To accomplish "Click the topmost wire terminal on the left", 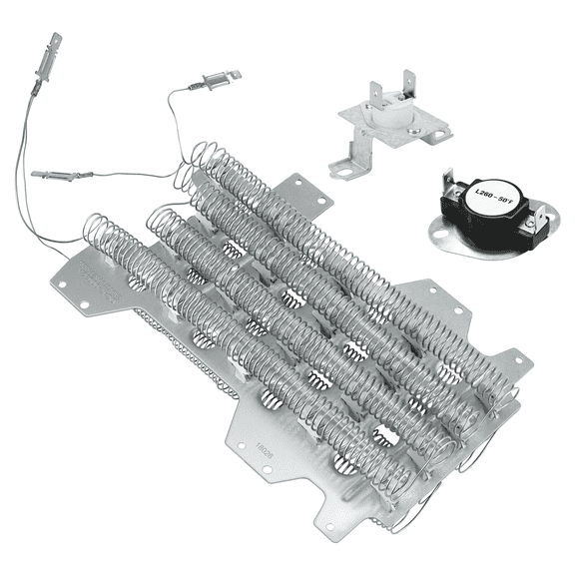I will point(52,46).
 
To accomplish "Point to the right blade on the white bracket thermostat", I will point(407,83).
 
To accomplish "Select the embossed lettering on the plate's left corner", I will point(102,283).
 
